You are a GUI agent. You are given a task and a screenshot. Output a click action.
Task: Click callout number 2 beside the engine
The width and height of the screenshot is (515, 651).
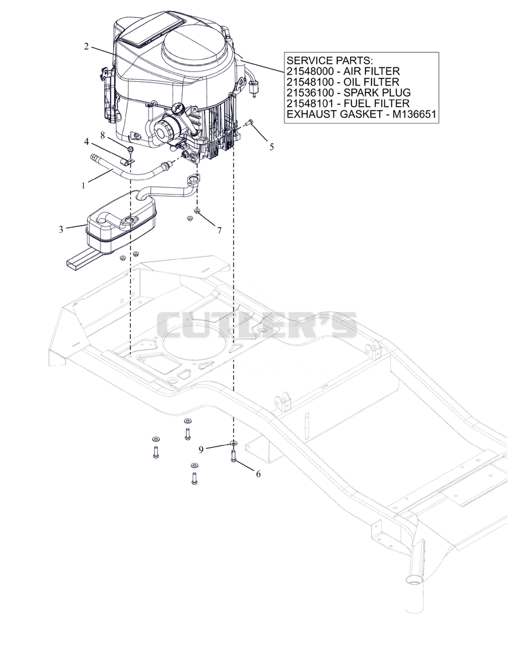tap(86, 46)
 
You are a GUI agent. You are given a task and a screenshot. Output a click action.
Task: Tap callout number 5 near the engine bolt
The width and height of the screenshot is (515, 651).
tap(272, 147)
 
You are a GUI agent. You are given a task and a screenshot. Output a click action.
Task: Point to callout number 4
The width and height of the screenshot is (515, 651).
tap(86, 142)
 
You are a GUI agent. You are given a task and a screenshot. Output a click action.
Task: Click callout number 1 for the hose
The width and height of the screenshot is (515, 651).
tap(83, 185)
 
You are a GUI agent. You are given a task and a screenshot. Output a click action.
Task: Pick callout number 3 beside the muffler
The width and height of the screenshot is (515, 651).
tap(61, 229)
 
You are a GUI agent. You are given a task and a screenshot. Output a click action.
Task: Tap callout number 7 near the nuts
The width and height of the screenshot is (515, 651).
tap(220, 230)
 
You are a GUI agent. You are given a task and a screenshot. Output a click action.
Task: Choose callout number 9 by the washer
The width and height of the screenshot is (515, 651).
tap(201, 450)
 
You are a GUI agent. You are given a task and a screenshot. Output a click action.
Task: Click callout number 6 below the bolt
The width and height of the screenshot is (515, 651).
tap(258, 473)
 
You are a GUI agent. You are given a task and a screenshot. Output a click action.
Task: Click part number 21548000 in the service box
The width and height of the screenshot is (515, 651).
tap(310, 71)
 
